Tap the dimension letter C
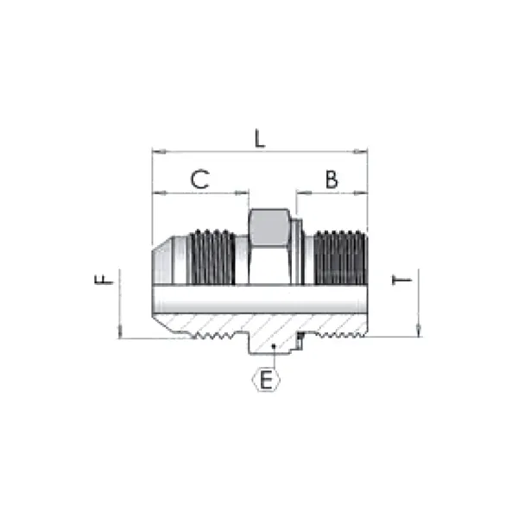tap(199, 180)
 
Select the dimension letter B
tap(331, 180)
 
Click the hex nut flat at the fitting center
tap(269, 226)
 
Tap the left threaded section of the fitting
tap(212, 257)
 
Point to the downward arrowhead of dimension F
tap(121, 333)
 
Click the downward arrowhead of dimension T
tap(417, 332)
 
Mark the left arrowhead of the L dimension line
tap(156, 152)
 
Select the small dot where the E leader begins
tap(271, 345)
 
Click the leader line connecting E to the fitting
tap(270, 357)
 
